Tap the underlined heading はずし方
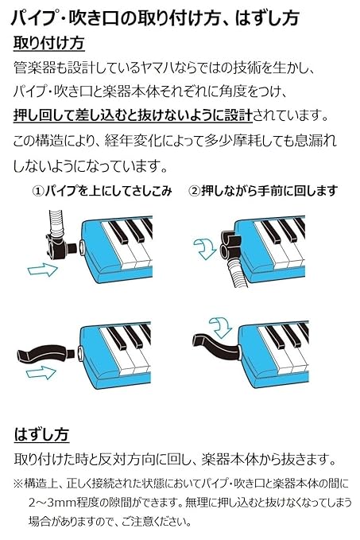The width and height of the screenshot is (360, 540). [x=42, y=433]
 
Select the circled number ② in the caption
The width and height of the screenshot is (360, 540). [x=195, y=191]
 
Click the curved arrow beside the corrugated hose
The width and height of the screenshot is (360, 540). [x=205, y=248]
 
